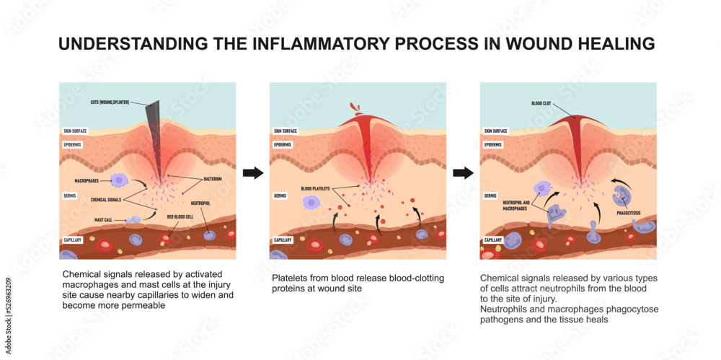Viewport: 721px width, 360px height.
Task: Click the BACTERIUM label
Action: point(211,178)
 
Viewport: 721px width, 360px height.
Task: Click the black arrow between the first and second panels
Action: point(252,173)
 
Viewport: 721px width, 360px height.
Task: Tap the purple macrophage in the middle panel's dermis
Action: point(311,203)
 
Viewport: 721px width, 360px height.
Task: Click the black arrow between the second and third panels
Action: point(463,173)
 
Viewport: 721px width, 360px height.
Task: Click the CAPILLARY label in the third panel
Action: point(493,240)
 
